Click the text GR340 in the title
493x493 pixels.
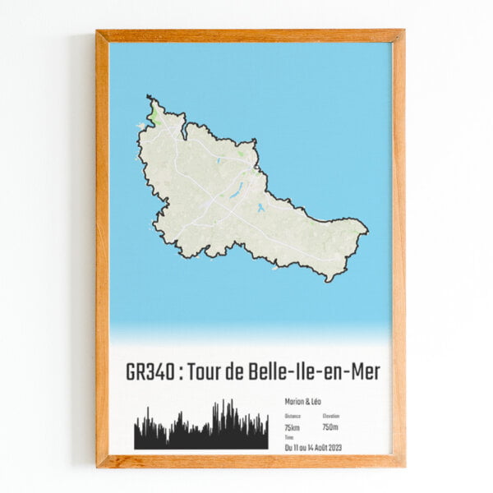(x=150, y=372)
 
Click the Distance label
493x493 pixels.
(x=292, y=417)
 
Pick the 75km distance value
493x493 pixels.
(x=293, y=427)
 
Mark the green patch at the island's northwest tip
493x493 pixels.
(x=154, y=115)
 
